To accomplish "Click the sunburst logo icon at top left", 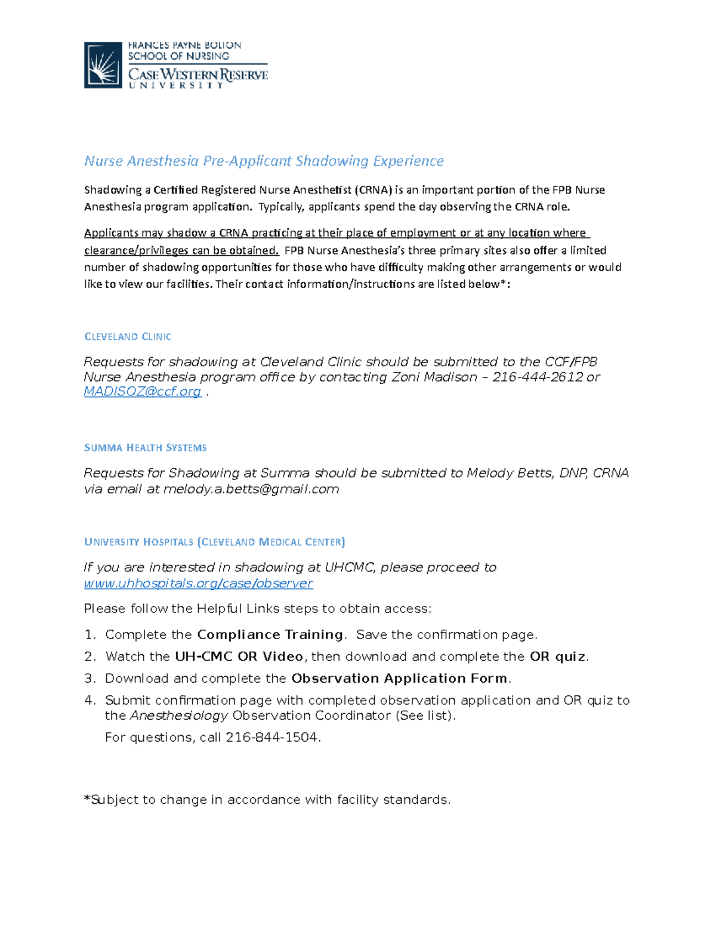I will (103, 65).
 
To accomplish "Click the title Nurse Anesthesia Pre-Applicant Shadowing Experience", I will (264, 161).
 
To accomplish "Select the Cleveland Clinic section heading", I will (128, 337).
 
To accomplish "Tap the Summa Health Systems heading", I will (146, 448).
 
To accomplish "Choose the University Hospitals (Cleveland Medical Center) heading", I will (214, 542).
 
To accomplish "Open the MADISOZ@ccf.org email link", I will (143, 392).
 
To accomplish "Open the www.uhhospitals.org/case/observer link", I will (198, 583).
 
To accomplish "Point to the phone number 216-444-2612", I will (537, 377).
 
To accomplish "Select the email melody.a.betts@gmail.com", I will (251, 490).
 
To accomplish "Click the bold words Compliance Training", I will (270, 634).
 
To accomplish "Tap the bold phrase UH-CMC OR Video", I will (239, 656).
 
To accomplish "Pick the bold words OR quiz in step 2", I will (557, 656).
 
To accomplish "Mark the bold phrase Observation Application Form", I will (399, 679).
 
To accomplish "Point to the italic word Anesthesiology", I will (179, 716).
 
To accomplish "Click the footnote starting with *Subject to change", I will (267, 800).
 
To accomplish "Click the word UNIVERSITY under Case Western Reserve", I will (176, 86).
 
